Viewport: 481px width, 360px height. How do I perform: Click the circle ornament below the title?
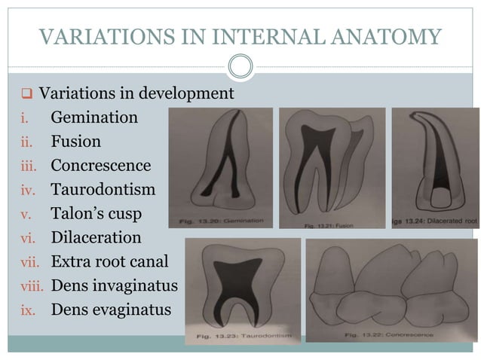tap(240, 67)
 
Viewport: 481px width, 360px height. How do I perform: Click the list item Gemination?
tap(94, 117)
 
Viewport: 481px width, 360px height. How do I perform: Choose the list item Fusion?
tap(75, 142)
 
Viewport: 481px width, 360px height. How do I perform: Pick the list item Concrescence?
tap(101, 166)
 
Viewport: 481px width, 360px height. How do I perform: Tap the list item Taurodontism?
tap(103, 189)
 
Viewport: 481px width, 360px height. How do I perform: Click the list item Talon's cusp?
tap(96, 213)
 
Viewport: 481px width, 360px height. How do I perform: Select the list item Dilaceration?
tap(96, 237)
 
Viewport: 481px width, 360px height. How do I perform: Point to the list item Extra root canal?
tap(110, 261)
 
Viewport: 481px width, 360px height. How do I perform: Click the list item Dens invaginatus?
tap(114, 285)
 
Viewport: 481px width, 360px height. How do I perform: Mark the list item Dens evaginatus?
tap(110, 309)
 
